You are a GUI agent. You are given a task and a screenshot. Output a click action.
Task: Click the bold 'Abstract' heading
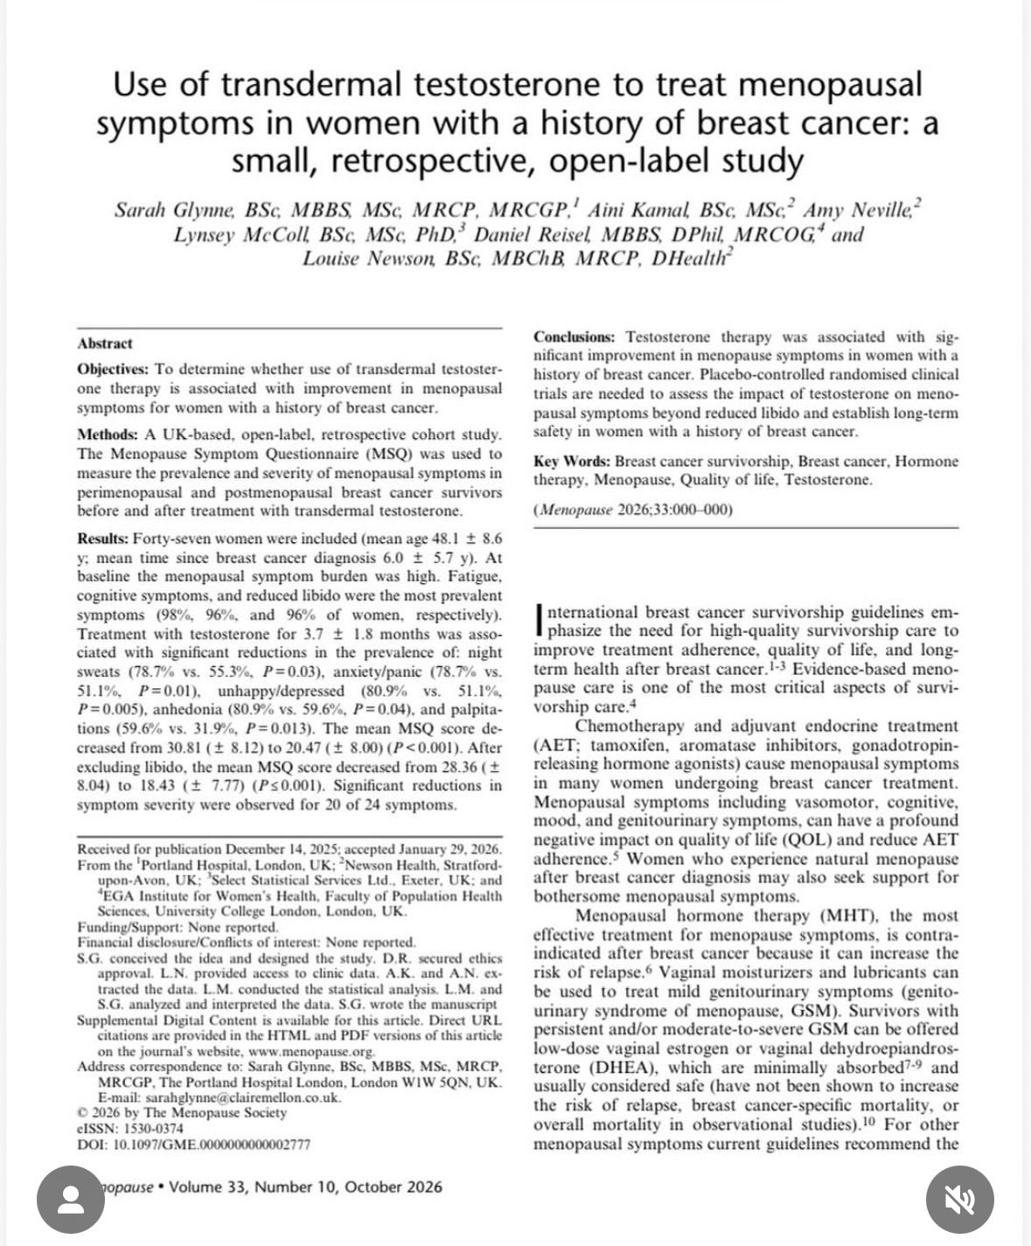coord(105,344)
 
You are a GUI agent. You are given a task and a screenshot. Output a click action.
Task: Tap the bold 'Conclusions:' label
coord(575,337)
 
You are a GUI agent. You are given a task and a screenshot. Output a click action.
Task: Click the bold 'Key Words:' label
coord(572,461)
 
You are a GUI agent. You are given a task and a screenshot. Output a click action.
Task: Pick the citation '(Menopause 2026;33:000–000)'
coord(633,511)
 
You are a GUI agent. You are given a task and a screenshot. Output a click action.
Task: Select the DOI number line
coord(193,1144)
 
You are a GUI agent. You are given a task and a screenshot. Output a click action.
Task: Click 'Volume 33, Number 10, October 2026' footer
coord(305,1187)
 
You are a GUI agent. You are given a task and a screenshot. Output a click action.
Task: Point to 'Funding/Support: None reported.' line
coord(178,927)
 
